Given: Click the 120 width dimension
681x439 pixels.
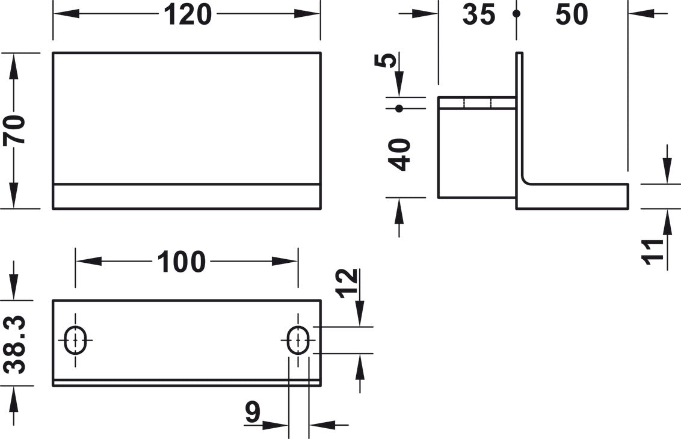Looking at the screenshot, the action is [x=188, y=14].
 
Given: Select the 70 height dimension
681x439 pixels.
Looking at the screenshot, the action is [x=14, y=130].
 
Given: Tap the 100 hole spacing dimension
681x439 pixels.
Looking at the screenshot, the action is [x=181, y=262].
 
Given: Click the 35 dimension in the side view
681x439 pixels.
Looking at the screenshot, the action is [x=479, y=14].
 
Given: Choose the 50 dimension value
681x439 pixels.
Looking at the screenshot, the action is [x=572, y=14].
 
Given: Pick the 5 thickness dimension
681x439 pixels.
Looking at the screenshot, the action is [x=385, y=60].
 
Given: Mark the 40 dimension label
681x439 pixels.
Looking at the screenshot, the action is [x=399, y=155].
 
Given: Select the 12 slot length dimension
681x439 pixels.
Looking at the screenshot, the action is [x=348, y=283].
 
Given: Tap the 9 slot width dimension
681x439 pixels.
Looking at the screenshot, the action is [x=252, y=412].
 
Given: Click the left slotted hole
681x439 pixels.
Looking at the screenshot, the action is [x=76, y=340].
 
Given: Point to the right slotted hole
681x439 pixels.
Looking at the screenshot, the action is [x=298, y=340].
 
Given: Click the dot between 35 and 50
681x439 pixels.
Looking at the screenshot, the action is [x=516, y=14].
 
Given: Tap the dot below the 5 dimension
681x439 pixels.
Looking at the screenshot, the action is [x=399, y=109].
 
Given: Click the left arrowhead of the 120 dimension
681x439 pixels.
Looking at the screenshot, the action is [x=66, y=14].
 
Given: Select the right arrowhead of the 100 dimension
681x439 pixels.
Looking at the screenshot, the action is [x=285, y=262].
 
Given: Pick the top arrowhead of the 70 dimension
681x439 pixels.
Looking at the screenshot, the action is [x=14, y=66].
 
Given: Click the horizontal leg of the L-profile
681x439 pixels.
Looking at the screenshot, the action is [x=573, y=196].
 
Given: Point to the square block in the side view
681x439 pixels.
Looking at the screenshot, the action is [x=477, y=147].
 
